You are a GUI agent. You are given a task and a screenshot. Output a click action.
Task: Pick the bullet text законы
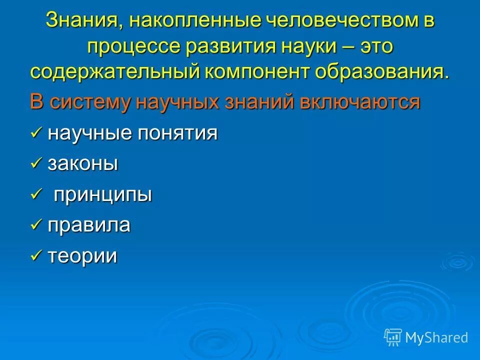point(82,164)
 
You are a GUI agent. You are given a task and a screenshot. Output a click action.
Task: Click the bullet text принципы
point(102,194)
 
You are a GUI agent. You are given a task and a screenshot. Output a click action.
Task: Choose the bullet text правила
point(89,225)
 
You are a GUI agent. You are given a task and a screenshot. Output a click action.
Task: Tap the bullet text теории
point(82,256)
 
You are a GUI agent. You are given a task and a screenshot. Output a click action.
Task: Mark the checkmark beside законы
point(36,163)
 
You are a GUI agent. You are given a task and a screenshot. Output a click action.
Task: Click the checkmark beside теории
point(36,255)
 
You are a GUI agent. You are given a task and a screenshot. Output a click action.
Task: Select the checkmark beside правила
point(36,224)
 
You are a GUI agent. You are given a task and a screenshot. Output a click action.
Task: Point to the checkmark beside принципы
point(36,193)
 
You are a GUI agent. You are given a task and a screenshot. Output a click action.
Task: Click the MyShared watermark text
point(436,337)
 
